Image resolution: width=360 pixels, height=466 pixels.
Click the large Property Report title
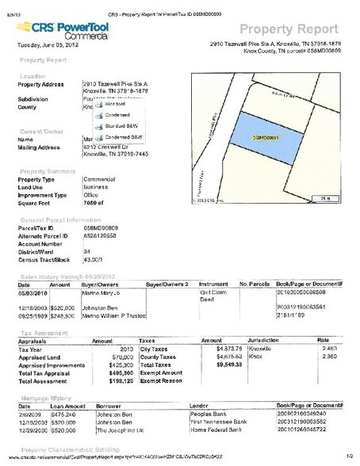click(298, 23)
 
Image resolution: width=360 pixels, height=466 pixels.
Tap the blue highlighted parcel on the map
click(266, 136)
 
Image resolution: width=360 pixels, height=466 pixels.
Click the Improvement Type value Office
click(91, 193)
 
